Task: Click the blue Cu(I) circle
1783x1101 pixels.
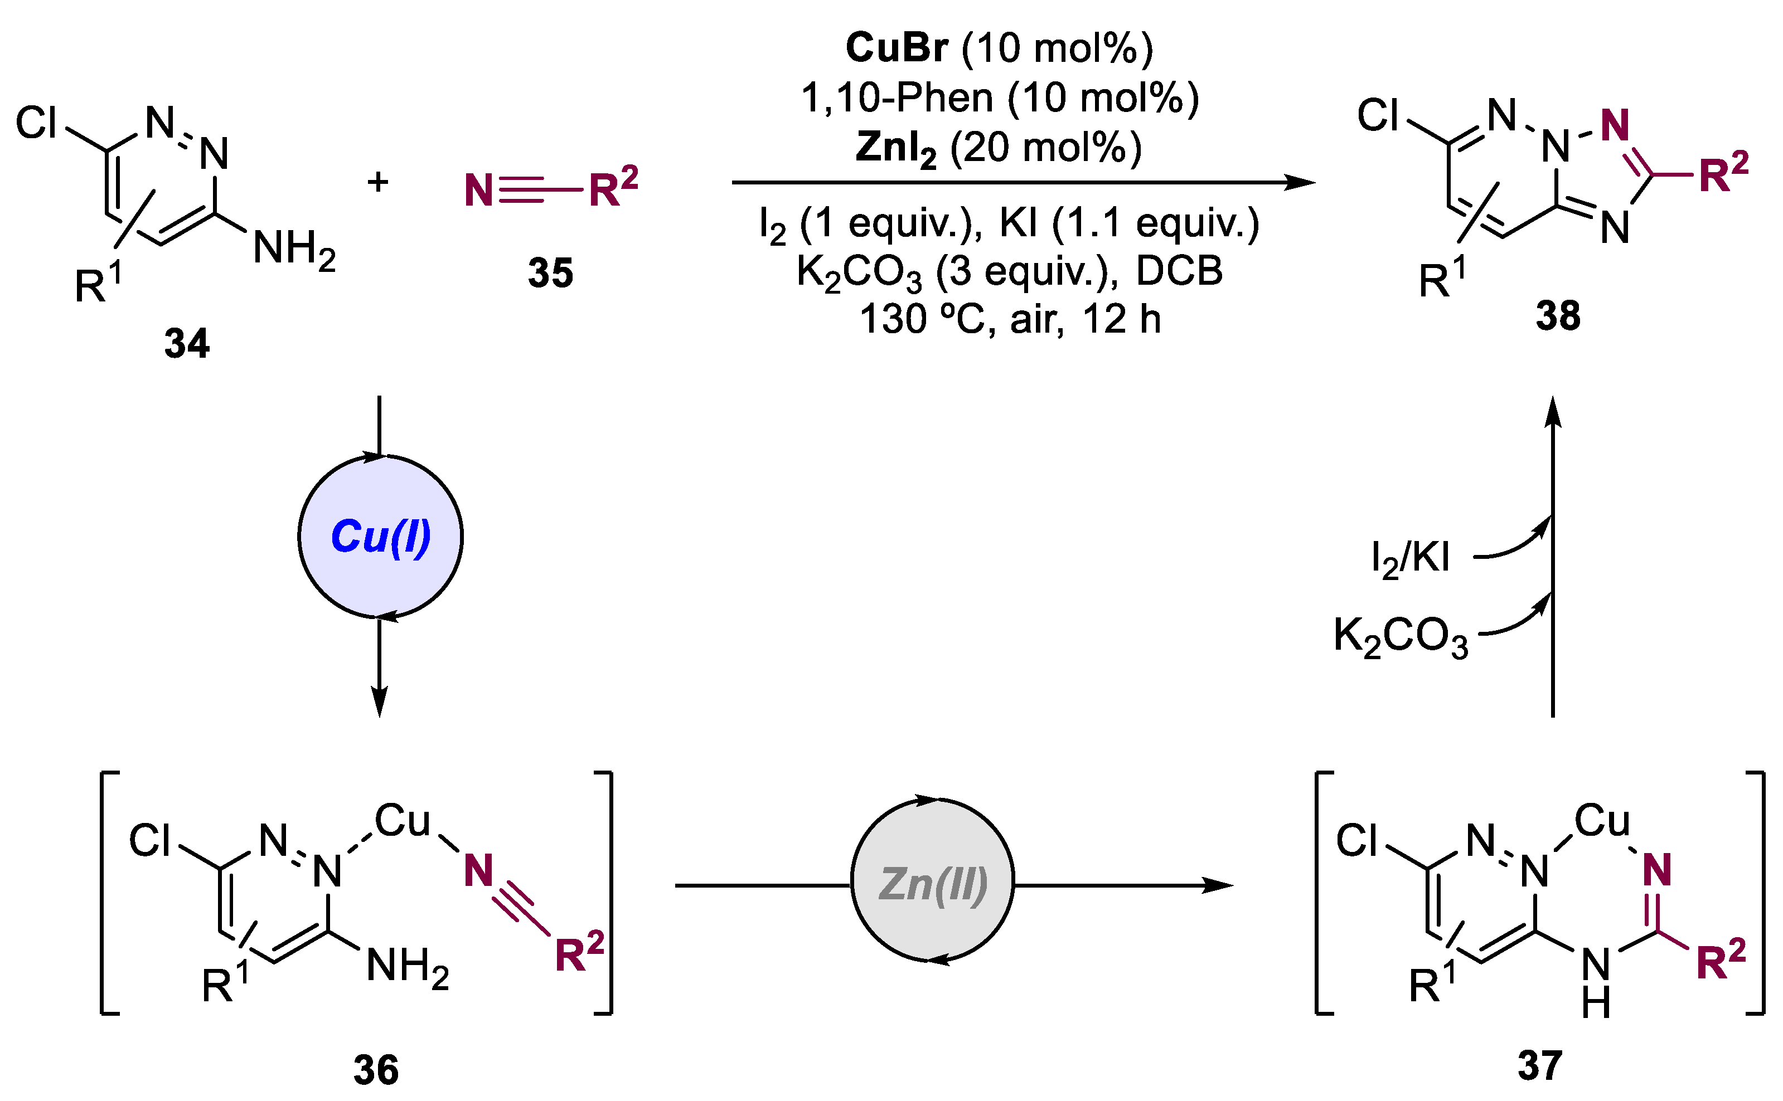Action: coord(380,537)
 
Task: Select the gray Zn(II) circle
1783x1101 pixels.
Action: coord(932,884)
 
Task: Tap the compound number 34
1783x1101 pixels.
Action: coord(187,343)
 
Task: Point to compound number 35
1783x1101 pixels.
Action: coord(550,273)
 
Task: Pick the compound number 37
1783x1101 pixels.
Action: coord(1539,1065)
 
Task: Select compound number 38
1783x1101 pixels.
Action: coord(1558,315)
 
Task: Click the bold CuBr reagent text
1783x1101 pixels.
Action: coord(896,48)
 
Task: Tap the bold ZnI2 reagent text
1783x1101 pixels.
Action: coord(895,148)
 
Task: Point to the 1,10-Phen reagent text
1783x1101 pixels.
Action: coord(896,98)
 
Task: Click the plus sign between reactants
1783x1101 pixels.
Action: coord(377,181)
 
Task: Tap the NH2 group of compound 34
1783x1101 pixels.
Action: coord(294,249)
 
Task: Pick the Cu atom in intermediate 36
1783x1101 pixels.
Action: coord(402,821)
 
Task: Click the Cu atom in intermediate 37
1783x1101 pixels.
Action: coord(1602,821)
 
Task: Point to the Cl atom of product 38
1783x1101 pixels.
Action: coord(1377,116)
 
